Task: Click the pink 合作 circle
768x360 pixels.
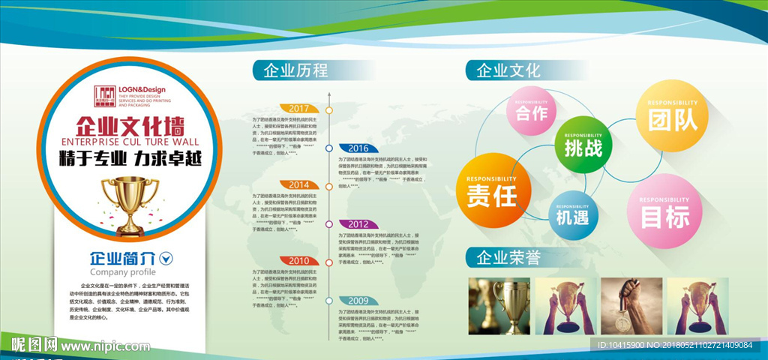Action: (532, 113)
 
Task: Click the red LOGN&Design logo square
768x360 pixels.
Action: (105, 96)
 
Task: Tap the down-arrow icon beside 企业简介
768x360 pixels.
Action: (166, 258)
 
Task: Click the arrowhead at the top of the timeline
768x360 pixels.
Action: (328, 95)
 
